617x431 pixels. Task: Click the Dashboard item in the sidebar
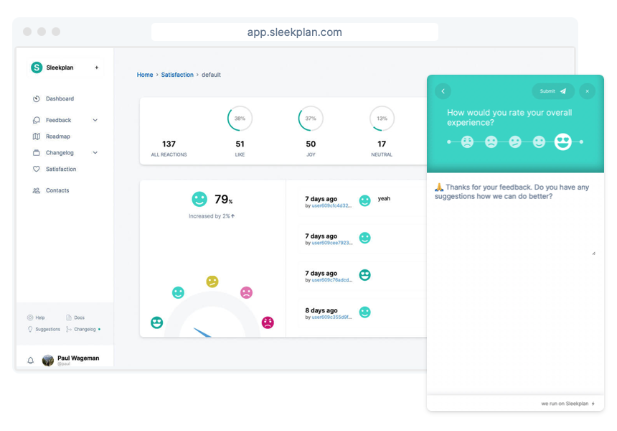coord(60,99)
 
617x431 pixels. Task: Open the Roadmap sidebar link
coord(57,136)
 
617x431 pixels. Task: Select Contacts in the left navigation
coord(57,191)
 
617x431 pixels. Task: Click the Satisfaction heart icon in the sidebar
coord(37,170)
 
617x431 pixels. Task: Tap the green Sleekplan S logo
coord(37,68)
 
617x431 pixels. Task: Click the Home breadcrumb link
coord(145,75)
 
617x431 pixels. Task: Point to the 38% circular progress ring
coord(240,119)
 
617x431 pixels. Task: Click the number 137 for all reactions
coord(169,144)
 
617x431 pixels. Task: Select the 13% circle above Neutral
coord(382,119)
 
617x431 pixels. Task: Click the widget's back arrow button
coord(443,91)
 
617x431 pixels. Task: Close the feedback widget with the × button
coord(587,91)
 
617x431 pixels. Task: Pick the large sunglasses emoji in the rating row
coord(563,142)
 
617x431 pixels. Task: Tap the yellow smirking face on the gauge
coord(212,281)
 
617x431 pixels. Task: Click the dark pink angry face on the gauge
coord(268,323)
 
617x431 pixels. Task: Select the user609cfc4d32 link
coord(331,205)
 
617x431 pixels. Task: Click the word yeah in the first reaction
coord(384,199)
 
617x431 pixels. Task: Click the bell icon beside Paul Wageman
coord(30,361)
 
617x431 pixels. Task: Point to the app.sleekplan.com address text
coord(294,32)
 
